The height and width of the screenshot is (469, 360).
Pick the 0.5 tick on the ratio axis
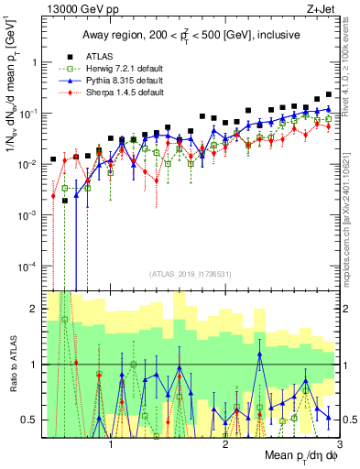coord(31,420)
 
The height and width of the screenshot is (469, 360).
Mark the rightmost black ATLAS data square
coord(329,94)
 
